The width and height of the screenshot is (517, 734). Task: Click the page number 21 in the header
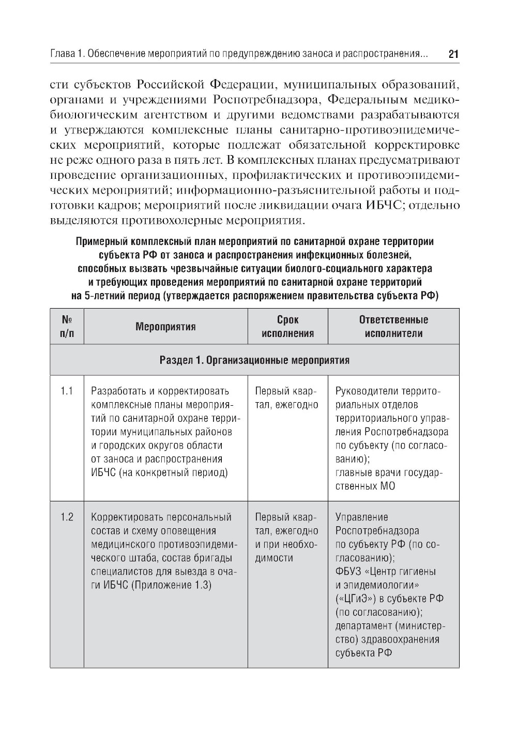click(453, 54)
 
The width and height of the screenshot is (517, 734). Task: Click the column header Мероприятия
click(165, 327)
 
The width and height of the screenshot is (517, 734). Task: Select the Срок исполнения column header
click(288, 327)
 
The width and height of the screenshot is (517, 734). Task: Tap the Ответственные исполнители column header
click(393, 327)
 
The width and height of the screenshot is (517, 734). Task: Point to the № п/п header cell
click(67, 327)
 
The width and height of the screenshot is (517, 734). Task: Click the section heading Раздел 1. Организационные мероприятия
click(254, 360)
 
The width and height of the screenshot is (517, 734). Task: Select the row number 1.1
click(67, 391)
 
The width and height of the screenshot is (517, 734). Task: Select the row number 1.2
click(67, 517)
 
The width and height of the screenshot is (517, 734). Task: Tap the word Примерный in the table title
click(101, 241)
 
